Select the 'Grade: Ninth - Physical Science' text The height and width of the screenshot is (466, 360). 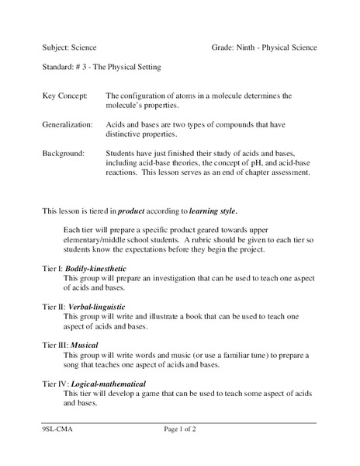264,47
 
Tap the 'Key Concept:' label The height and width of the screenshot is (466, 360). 64,96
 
